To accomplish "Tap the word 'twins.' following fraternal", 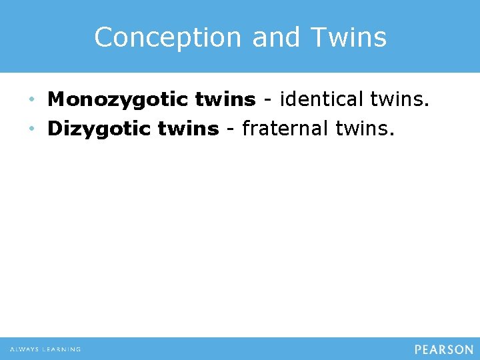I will click(364, 129).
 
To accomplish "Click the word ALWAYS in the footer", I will click(24, 349).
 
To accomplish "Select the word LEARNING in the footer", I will click(62, 349).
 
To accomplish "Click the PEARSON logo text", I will click(443, 349).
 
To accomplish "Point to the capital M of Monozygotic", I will click(57, 100).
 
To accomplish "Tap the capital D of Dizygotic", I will click(55, 129).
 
